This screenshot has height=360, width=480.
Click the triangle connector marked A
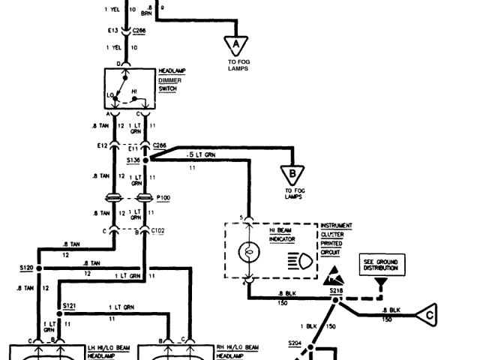click(238, 44)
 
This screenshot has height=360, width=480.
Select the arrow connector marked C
click(428, 313)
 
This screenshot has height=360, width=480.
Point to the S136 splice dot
click(146, 160)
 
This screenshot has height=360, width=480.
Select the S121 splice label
click(70, 306)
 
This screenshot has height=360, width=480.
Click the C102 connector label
click(158, 231)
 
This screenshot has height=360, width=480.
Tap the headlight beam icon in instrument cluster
click(296, 259)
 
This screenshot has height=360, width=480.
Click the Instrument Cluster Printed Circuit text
click(336, 238)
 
